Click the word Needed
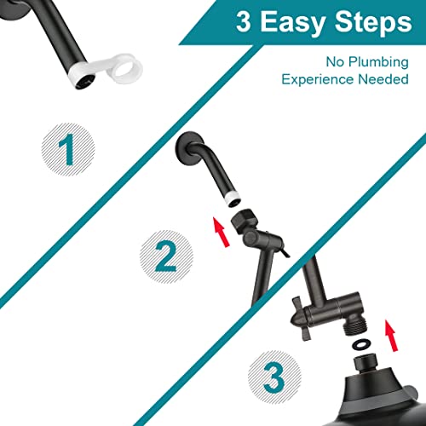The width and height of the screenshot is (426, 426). (383, 79)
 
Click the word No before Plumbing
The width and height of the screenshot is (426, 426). (334, 61)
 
